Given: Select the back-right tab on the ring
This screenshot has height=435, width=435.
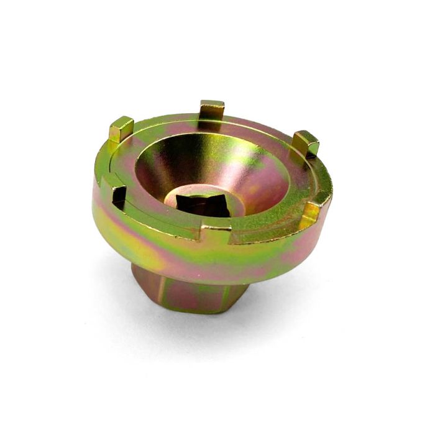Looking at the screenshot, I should click(x=305, y=144).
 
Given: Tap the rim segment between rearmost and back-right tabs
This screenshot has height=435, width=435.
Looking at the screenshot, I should click(x=261, y=124).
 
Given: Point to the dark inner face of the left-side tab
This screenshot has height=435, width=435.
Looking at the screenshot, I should click(x=118, y=198).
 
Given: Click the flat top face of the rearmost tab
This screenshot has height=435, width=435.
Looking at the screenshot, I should click(x=212, y=104).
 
